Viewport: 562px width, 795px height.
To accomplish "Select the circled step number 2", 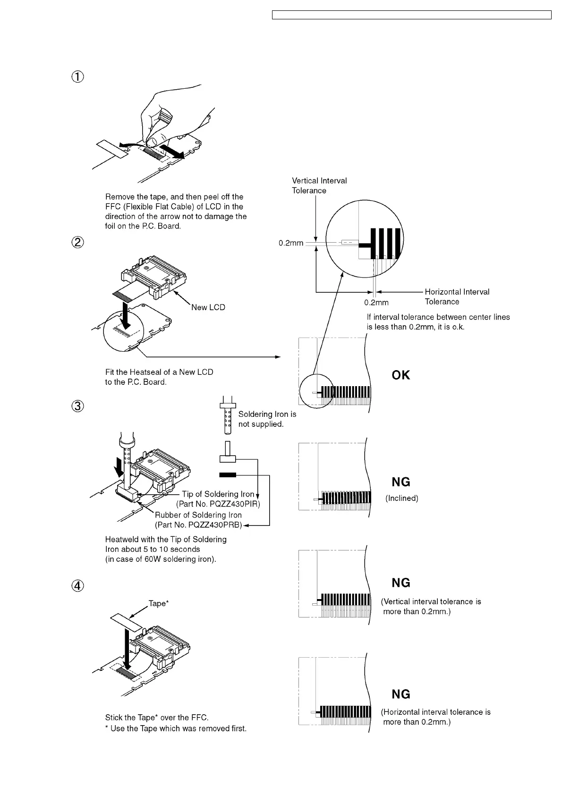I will [78, 242].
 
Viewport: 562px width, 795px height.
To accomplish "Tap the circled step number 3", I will [78, 406].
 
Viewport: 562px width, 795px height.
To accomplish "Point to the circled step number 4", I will [78, 585].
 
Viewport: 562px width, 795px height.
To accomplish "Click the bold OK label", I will [401, 375].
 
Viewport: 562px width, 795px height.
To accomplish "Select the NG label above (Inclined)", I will [401, 482].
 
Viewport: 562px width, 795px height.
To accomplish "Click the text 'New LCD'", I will [208, 307].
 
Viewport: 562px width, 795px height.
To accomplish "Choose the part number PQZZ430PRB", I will [198, 525].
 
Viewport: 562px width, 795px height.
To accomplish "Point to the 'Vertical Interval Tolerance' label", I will [319, 186].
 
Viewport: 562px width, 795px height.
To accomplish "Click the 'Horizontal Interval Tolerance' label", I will [457, 296].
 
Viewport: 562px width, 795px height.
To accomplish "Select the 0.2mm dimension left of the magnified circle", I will [291, 243].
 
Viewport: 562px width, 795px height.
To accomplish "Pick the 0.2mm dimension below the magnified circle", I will [376, 303].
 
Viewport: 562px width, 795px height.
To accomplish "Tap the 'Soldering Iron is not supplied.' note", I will [267, 419].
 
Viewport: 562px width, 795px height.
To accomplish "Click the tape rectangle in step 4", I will [127, 623].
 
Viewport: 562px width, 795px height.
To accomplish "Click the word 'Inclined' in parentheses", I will [402, 498].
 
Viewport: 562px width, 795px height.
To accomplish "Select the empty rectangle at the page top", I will [412, 15].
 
